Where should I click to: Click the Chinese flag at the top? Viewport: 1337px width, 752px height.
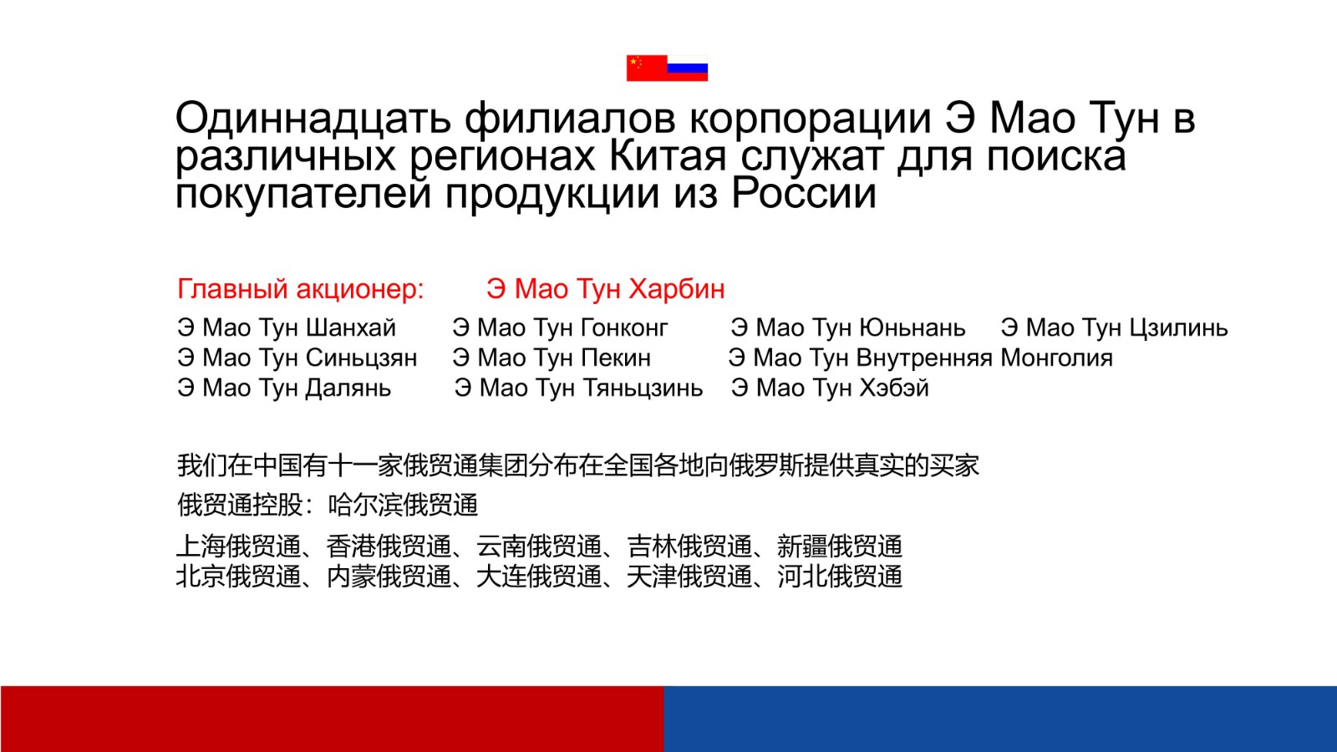tap(647, 68)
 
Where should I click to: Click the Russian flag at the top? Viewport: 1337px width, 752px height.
tap(688, 68)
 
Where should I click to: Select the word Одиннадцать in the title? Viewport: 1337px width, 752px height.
tap(313, 118)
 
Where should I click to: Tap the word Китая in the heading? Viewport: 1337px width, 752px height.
tap(668, 156)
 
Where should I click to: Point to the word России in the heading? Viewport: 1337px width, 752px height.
tap(804, 194)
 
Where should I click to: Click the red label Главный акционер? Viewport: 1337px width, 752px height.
tap(301, 289)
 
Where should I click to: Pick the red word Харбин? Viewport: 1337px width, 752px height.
tap(677, 289)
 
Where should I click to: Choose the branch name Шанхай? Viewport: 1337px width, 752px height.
tap(351, 328)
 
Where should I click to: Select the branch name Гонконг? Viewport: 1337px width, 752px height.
tap(623, 328)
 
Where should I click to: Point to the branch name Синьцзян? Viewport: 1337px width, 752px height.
tap(361, 358)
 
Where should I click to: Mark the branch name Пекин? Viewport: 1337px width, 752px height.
tap(615, 358)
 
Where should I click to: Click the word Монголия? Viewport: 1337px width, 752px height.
tap(1056, 358)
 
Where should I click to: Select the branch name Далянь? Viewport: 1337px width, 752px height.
tap(348, 389)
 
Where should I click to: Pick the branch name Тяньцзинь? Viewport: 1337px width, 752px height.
tap(643, 389)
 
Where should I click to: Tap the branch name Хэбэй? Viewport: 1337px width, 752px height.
tap(893, 389)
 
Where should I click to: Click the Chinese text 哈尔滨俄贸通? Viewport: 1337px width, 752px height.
tap(404, 505)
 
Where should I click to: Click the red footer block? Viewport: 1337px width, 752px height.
tap(332, 719)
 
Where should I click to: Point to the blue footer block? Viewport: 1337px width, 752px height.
tap(1000, 719)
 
